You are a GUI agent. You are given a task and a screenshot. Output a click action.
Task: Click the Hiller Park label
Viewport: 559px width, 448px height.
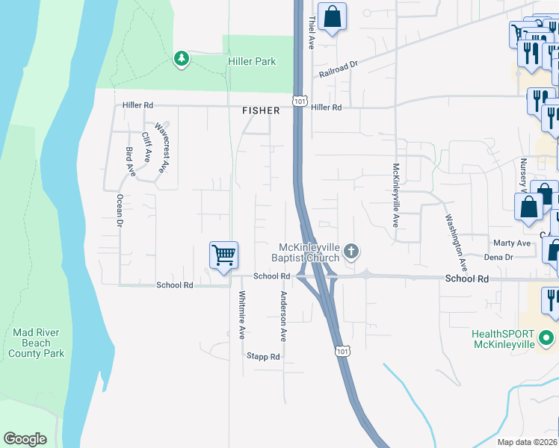click(252, 61)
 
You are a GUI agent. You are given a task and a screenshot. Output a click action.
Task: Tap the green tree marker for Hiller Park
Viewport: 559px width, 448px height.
click(181, 58)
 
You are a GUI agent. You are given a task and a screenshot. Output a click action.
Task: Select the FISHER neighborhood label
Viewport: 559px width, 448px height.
click(261, 111)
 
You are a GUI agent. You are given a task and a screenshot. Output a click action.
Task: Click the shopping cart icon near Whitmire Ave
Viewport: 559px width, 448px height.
click(223, 255)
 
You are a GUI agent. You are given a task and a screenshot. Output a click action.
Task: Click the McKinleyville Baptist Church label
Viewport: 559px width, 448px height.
click(309, 252)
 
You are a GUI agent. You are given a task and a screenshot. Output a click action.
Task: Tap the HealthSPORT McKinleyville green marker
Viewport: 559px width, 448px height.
click(547, 338)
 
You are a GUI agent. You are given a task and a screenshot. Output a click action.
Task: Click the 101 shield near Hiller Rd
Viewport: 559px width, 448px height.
click(299, 100)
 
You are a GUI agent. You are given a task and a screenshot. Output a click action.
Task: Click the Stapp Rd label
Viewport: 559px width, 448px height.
click(263, 357)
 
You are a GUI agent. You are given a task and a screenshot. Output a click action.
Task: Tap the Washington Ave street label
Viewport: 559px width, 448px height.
click(456, 243)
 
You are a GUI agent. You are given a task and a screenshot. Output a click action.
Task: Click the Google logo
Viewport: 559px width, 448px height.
click(25, 439)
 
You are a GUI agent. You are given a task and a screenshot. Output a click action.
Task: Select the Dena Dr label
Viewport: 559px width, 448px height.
click(498, 257)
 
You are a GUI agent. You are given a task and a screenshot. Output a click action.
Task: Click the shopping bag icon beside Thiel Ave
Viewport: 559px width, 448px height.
click(332, 16)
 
